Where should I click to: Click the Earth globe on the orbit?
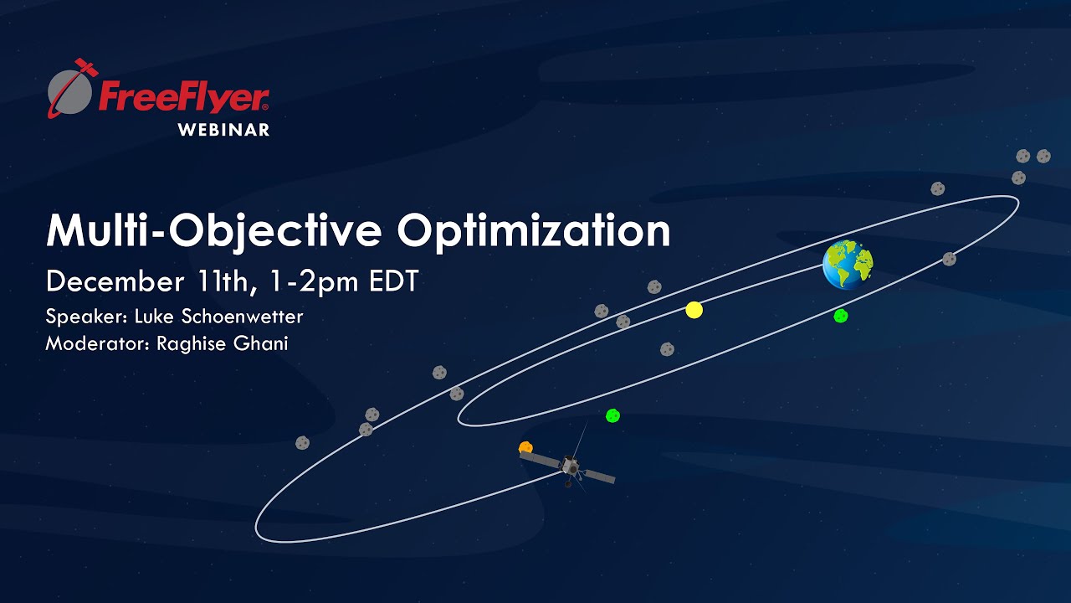click(x=847, y=264)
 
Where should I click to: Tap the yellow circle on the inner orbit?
click(x=694, y=310)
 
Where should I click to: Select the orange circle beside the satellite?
click(x=525, y=448)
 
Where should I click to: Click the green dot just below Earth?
click(x=841, y=316)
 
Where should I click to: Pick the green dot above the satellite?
click(x=612, y=415)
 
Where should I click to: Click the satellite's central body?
click(x=571, y=466)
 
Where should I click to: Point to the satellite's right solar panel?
click(x=599, y=476)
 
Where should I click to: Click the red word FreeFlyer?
click(x=183, y=97)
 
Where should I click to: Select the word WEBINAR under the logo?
click(x=223, y=130)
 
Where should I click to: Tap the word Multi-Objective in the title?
click(x=216, y=230)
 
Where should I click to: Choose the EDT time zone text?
click(x=393, y=281)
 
